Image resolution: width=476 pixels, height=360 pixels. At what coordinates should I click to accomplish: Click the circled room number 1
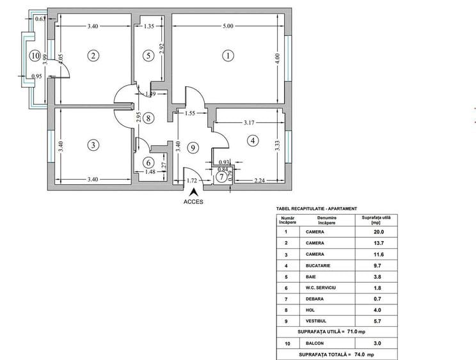coord(228,56)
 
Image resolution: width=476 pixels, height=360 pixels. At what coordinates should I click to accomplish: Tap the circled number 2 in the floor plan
coord(93,56)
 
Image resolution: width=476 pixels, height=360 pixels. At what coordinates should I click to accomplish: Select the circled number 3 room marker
coord(93,145)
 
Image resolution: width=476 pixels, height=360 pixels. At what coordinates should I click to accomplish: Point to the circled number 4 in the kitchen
coord(253,140)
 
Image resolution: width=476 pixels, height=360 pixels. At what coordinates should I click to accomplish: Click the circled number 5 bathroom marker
coord(148,56)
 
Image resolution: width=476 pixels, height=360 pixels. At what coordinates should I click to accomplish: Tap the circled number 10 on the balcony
coord(35,56)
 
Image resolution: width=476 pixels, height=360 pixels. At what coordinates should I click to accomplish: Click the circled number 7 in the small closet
coord(221,176)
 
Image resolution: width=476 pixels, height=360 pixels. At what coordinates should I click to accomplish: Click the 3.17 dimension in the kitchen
coord(254,121)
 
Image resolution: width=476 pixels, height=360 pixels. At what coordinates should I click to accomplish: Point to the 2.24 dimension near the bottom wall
coord(259,180)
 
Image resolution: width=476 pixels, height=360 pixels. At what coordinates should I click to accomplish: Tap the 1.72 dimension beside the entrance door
coord(192,181)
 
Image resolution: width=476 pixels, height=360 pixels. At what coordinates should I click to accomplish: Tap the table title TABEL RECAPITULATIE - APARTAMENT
coord(316,208)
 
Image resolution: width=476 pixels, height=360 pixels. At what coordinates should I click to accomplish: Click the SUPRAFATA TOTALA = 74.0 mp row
coord(336,354)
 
